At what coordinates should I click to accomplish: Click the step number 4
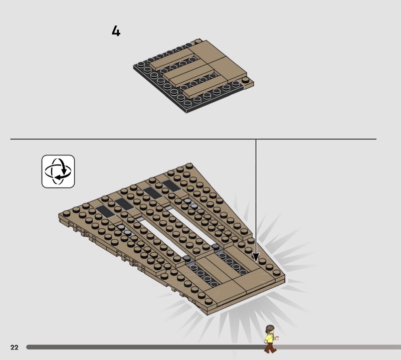pos(116,31)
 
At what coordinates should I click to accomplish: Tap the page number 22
pos(15,347)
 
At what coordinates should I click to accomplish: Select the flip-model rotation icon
pos(58,171)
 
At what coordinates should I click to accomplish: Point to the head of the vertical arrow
pos(256,257)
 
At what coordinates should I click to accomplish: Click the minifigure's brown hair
pos(269,328)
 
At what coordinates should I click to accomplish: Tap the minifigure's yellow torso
pos(270,338)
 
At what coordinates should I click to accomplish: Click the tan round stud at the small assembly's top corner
pos(198,41)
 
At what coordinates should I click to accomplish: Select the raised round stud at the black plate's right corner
pos(246,80)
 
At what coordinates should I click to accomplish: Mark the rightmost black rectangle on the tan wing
pos(171,186)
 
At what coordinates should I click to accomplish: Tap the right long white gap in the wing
pos(191,225)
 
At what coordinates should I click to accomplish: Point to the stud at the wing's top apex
pos(189,166)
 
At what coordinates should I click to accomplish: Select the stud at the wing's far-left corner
pos(66,214)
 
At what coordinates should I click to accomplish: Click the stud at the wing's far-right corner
pos(277,272)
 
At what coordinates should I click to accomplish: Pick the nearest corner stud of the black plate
pos(187,104)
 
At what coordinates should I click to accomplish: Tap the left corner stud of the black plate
pos(141,65)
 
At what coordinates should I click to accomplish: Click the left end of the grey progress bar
pos(28,347)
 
